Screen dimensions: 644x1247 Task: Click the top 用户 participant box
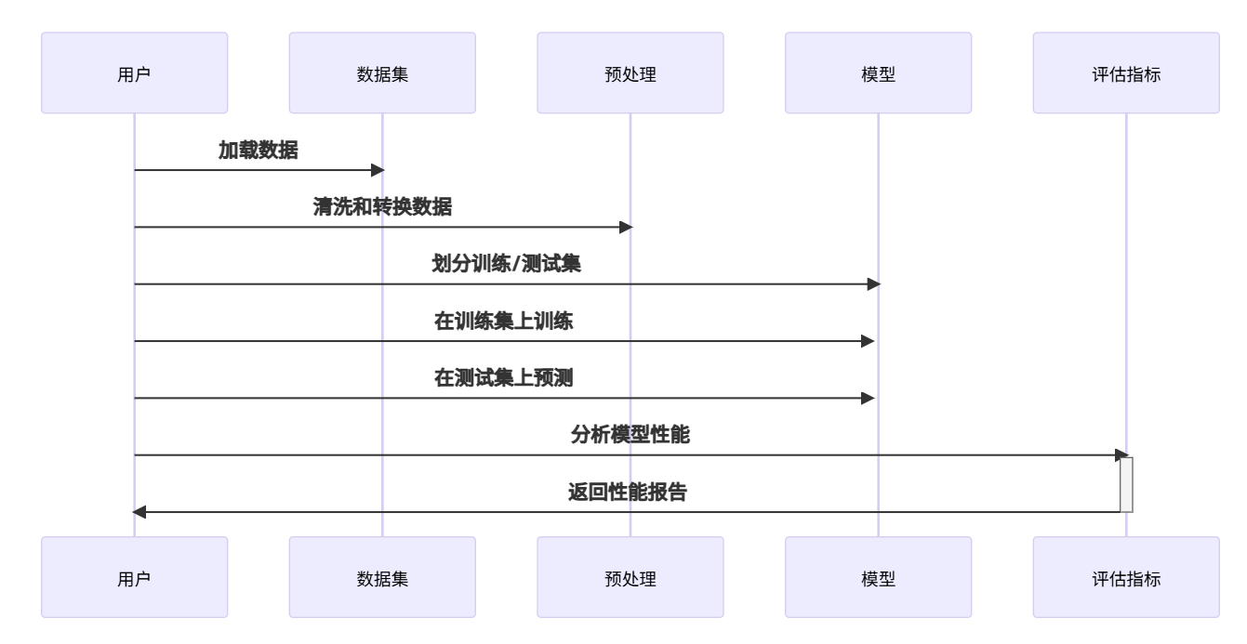134,73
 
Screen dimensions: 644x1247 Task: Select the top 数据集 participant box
382,73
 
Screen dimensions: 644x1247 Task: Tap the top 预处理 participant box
630,73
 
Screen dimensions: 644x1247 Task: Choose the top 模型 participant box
878,73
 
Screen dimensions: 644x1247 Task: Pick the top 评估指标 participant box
1125,73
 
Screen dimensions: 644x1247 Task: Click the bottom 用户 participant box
134,577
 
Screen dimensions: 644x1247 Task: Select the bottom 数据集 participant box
382,577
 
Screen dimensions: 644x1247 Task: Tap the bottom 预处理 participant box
630,577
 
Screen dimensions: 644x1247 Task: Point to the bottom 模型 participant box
878,577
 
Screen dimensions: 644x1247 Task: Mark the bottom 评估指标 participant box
1125,577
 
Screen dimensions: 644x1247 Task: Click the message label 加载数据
259,151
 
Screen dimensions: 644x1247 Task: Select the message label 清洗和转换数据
382,207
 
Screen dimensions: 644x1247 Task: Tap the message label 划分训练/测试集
507,265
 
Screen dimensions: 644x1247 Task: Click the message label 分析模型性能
630,436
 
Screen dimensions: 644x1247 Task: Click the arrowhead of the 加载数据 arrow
378,170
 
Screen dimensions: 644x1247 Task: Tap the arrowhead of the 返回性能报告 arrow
139,511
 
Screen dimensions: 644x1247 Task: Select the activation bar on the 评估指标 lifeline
1126,484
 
